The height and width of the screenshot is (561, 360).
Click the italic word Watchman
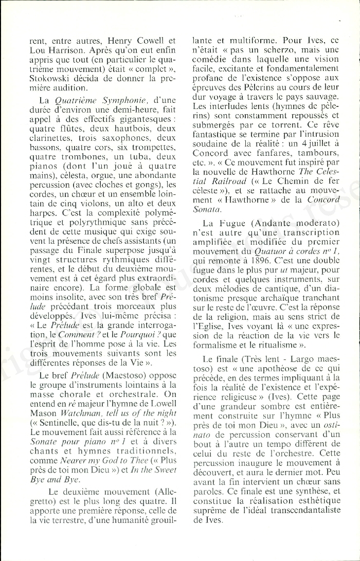(x=72, y=399)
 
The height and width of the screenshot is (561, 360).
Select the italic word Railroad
(x=209, y=182)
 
